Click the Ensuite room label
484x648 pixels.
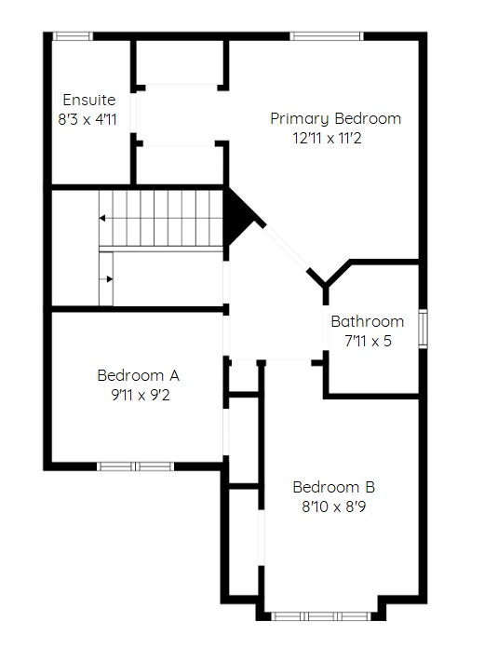click(88, 100)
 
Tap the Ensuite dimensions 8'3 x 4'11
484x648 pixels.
click(87, 119)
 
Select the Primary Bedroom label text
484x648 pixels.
click(336, 118)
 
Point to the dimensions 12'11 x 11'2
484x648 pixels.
click(327, 138)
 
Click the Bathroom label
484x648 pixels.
click(368, 321)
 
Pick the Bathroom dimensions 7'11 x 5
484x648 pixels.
click(368, 341)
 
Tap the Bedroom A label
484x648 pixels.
click(138, 375)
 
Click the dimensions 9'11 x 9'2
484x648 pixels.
click(141, 395)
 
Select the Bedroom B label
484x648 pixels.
click(333, 487)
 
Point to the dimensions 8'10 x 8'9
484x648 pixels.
click(333, 506)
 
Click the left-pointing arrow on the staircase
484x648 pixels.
click(102, 218)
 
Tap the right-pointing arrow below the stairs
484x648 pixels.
click(109, 279)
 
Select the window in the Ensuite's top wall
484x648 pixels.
click(73, 36)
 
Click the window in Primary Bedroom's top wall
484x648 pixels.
click(327, 36)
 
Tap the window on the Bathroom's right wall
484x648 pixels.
click(423, 329)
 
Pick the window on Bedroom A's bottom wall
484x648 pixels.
click(135, 466)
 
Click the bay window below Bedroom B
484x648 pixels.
click(321, 616)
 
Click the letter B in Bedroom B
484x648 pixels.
click(370, 487)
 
